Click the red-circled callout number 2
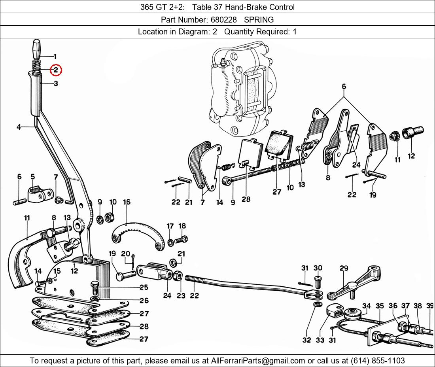pos(55,70)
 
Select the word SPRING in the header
pos(259,19)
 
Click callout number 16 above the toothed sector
pos(126,202)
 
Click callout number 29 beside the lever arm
pos(344,269)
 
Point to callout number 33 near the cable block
pos(320,340)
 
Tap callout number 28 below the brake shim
pos(246,200)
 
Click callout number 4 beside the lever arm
pos(19,127)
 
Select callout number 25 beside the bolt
pos(144,288)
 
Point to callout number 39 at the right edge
pos(430,306)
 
